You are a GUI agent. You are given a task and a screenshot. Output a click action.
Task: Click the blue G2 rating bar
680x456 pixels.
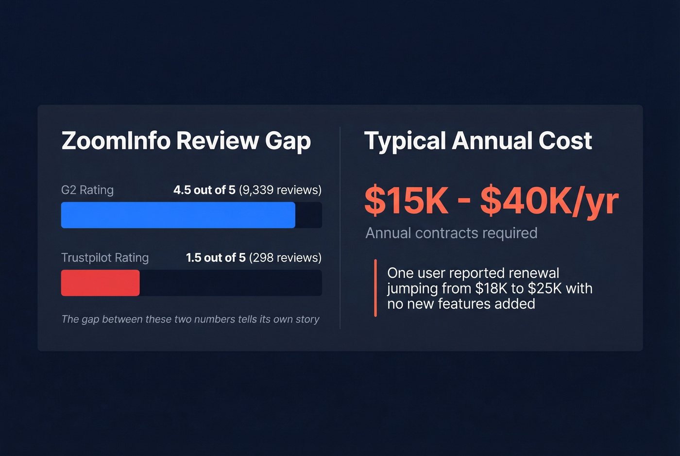[178, 215]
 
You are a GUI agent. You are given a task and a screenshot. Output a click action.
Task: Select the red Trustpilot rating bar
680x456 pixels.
[100, 283]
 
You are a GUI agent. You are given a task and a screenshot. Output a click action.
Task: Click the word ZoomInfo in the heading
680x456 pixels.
[116, 141]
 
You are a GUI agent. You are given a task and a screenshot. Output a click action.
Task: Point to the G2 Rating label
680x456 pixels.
[87, 190]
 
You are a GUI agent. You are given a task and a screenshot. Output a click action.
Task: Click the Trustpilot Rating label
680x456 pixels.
[105, 257]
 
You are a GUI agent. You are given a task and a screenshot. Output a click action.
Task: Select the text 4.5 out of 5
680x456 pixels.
[204, 190]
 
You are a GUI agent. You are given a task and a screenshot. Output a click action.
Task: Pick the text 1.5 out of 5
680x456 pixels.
[216, 257]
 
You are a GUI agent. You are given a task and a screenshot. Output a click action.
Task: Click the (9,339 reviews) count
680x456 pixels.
[280, 190]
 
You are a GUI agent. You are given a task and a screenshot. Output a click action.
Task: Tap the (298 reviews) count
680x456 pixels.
[285, 257]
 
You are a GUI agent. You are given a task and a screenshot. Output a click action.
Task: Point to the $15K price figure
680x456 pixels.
[407, 201]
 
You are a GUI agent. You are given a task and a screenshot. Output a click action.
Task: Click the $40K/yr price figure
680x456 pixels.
[549, 201]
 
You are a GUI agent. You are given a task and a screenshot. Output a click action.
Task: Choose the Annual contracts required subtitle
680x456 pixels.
[451, 233]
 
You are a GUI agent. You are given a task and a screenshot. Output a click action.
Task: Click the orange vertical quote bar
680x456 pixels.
[375, 288]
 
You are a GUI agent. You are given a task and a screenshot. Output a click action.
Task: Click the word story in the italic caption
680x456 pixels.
[307, 320]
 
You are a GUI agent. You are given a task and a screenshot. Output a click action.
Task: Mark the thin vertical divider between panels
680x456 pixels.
[340, 228]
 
